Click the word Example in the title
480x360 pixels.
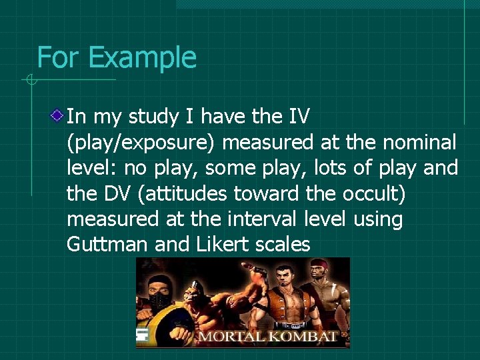(x=142, y=58)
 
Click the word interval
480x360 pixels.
(x=253, y=219)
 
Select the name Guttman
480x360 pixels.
(x=107, y=245)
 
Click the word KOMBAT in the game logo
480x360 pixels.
(x=305, y=336)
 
